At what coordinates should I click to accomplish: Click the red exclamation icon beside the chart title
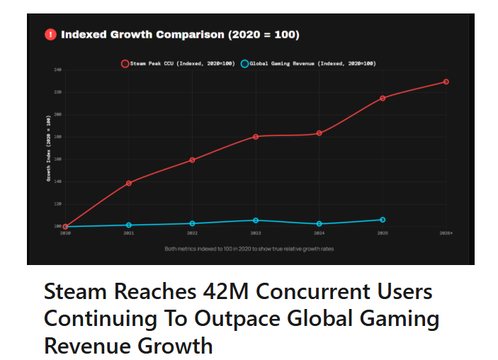(50, 34)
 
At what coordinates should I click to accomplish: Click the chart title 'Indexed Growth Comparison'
(180, 34)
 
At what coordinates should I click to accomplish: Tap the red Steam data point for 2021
(128, 183)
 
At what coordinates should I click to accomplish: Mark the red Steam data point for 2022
(192, 159)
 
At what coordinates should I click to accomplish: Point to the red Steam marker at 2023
(256, 136)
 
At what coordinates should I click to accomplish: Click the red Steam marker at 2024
(319, 133)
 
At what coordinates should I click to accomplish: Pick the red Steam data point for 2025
(383, 98)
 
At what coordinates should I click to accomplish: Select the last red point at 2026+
(446, 81)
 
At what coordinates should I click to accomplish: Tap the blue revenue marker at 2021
(128, 225)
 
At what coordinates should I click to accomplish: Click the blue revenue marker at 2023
(256, 220)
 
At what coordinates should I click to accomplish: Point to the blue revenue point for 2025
(383, 220)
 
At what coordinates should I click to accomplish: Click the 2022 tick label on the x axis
(192, 232)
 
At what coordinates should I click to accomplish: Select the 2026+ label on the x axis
(446, 232)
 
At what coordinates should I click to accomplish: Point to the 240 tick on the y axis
(57, 69)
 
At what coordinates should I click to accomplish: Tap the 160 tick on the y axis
(57, 159)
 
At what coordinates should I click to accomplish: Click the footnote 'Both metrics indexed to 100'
(249, 249)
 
